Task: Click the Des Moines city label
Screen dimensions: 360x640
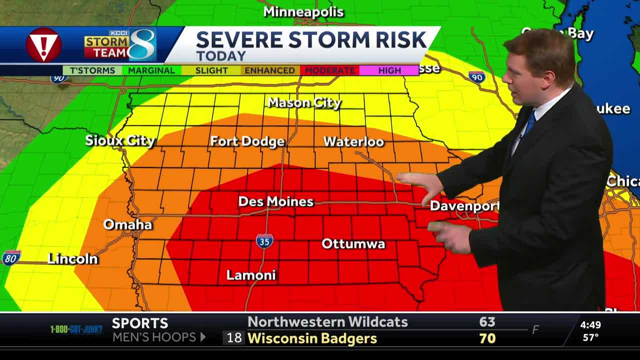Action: click(275, 201)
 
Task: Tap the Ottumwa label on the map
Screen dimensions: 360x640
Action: click(353, 244)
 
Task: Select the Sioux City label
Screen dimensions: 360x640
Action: click(120, 140)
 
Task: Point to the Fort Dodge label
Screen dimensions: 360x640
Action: click(247, 141)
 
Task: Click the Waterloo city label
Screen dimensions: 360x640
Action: click(353, 141)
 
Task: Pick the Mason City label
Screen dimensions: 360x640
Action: click(304, 103)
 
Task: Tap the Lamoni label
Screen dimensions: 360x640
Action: click(251, 275)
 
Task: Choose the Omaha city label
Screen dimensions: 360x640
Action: click(127, 224)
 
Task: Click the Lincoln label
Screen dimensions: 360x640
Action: click(72, 258)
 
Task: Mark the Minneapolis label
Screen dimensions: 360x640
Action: click(303, 12)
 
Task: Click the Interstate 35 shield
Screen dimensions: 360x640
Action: click(264, 241)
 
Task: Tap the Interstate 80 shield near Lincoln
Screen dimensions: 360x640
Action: click(11, 257)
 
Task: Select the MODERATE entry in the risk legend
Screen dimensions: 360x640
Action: click(329, 70)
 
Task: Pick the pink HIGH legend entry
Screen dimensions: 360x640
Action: click(389, 70)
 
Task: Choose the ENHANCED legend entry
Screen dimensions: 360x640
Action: click(269, 70)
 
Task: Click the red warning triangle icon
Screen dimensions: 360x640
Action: click(43, 45)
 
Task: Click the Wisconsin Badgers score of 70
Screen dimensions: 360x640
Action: click(487, 338)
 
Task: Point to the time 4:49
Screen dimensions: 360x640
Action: click(590, 325)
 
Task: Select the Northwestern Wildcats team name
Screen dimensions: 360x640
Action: click(327, 322)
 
